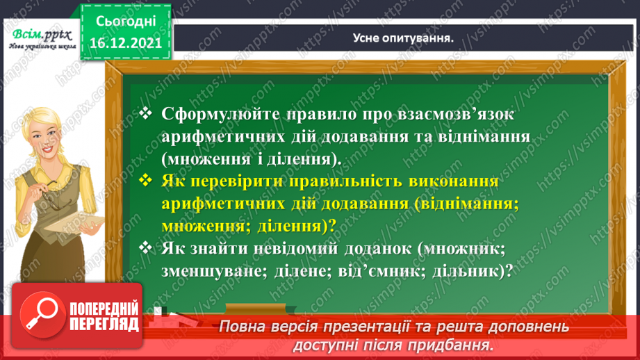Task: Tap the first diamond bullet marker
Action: pos(145,113)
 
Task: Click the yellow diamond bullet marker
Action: pos(145,181)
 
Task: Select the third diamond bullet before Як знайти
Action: pos(145,247)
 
